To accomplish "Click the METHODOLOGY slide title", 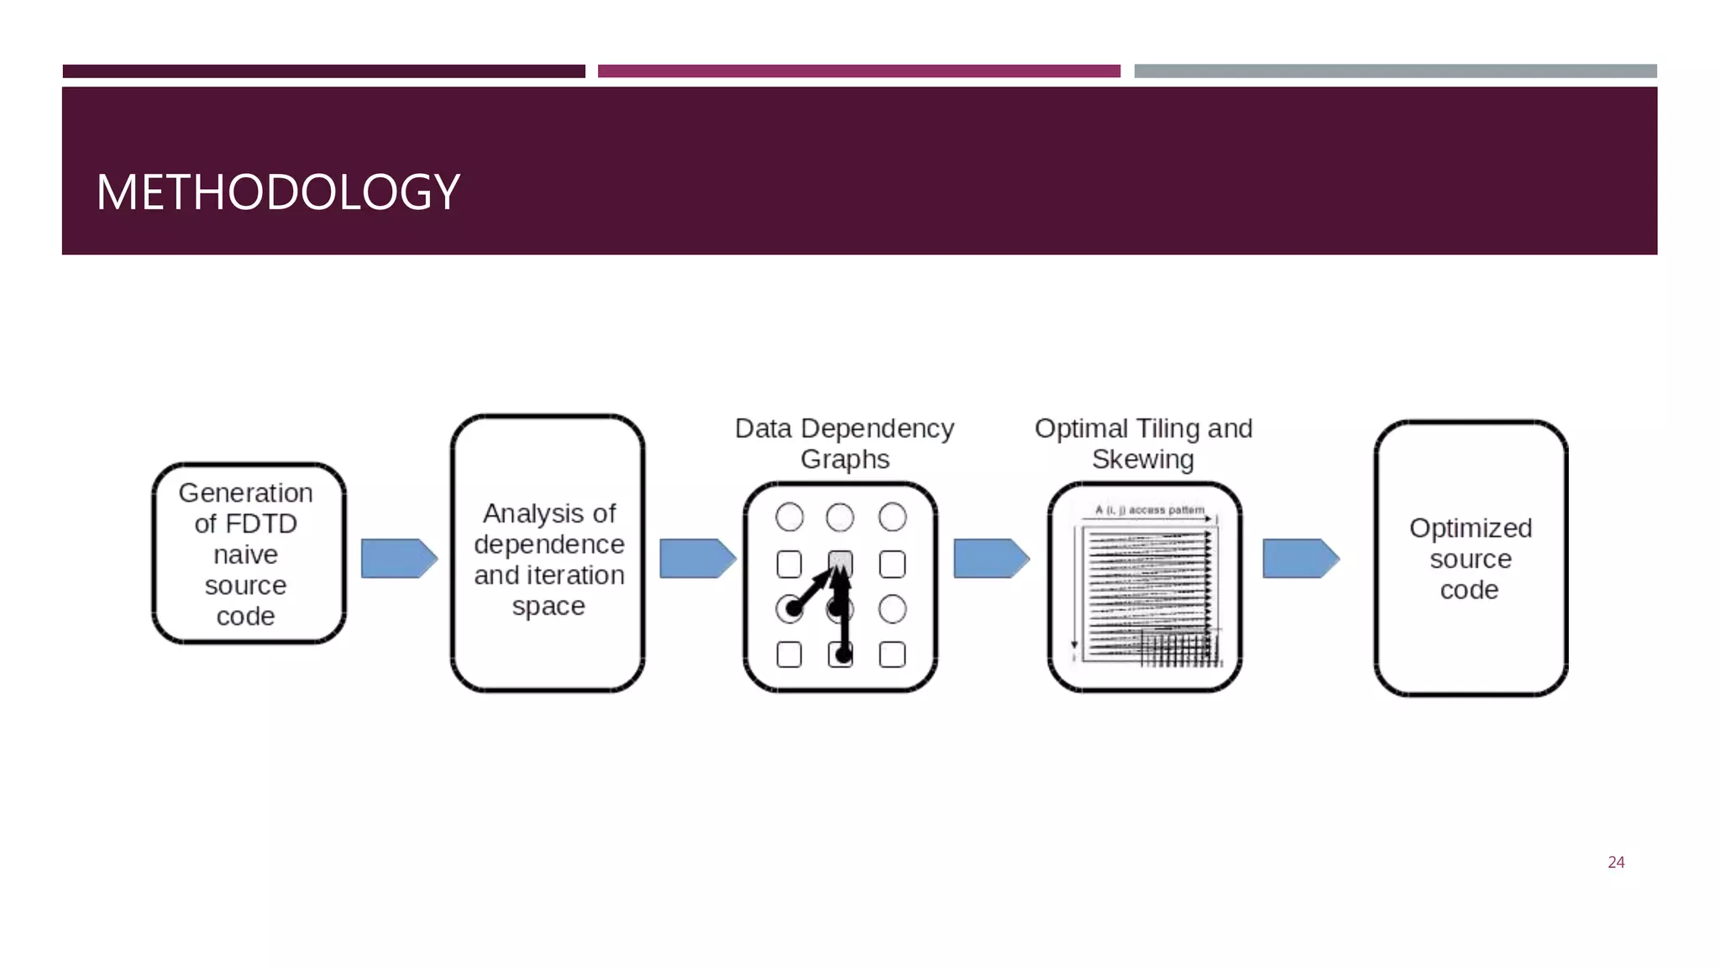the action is click(x=277, y=192).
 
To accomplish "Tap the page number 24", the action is click(x=1616, y=862).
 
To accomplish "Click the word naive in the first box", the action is click(x=245, y=555).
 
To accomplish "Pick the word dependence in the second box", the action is click(x=548, y=544).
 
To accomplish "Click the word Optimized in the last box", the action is click(x=1470, y=528).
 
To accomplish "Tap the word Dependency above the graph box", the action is click(x=877, y=429).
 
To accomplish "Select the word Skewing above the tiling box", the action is click(x=1142, y=460).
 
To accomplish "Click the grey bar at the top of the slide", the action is click(x=1395, y=71).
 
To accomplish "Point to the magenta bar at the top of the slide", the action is click(x=858, y=71).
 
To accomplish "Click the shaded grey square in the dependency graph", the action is click(x=840, y=561).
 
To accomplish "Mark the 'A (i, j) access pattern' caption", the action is click(x=1149, y=510).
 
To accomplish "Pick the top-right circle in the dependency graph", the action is click(x=892, y=517).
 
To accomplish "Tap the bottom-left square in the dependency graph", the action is click(x=789, y=655).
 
